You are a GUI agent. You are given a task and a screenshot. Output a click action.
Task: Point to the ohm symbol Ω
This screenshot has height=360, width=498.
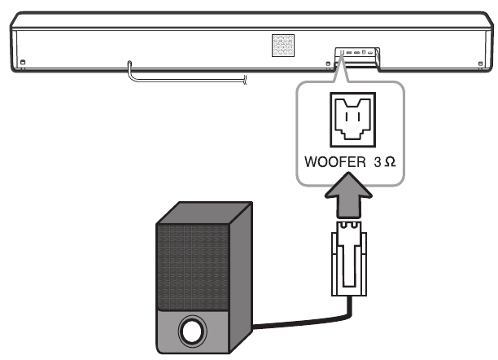pyautogui.click(x=390, y=161)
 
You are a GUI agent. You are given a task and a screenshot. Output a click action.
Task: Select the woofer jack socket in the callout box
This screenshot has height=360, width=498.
pyautogui.click(x=353, y=119)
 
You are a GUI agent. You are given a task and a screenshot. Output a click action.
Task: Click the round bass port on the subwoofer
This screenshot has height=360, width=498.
pyautogui.click(x=193, y=331)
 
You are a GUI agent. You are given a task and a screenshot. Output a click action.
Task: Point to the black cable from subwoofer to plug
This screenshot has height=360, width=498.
pyautogui.click(x=293, y=324)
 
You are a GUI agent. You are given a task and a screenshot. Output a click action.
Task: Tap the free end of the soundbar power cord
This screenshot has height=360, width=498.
pyautogui.click(x=243, y=78)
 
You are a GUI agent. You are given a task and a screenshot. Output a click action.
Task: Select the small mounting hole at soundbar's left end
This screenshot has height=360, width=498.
pyautogui.click(x=24, y=62)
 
